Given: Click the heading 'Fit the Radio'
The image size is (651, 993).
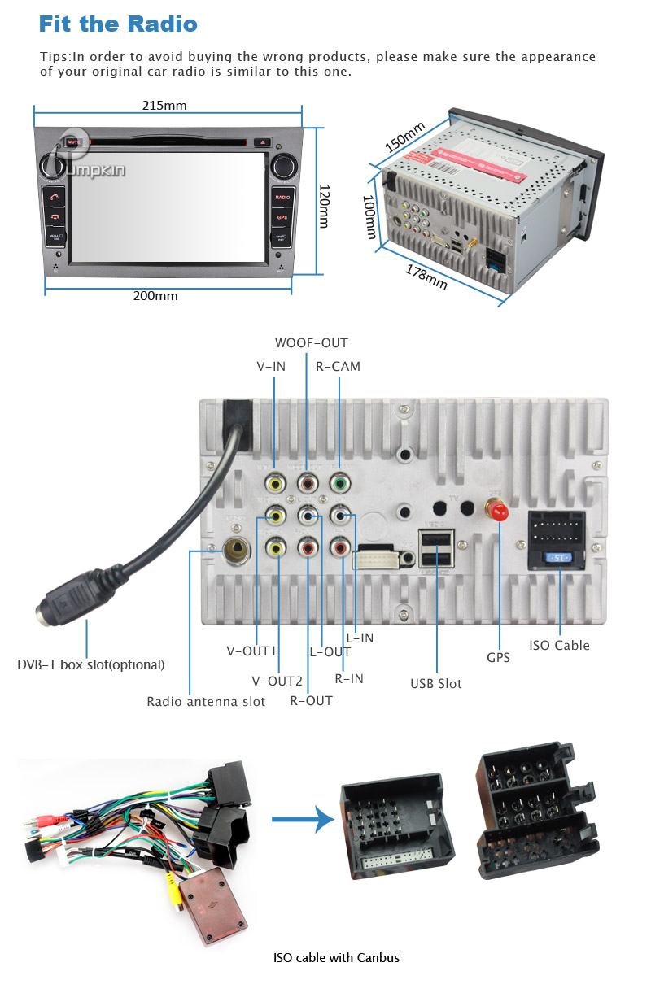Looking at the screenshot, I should point(118,24).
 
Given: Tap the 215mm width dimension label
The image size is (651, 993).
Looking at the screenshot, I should point(164,106).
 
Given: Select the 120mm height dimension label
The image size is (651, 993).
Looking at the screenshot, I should point(323,206).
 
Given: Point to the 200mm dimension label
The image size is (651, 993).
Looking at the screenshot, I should point(155,296).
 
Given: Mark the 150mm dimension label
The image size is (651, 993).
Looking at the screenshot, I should point(404,137).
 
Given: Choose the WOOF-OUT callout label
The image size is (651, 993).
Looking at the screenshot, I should point(311,343).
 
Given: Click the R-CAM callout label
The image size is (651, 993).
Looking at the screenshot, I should point(338,367).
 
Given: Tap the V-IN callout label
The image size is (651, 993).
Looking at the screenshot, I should point(271,367).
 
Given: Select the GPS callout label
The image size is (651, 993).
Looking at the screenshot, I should point(498,657).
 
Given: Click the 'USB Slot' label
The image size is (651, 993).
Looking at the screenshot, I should point(435,683).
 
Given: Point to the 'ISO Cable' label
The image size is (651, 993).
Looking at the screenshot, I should point(559,646).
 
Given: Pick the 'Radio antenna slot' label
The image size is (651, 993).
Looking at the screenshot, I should point(206,701).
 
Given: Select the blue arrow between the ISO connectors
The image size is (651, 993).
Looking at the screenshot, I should point(302,818).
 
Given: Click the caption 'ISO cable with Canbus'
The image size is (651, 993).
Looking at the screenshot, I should point(336,957).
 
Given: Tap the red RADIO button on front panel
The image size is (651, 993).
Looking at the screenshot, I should point(282,198).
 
